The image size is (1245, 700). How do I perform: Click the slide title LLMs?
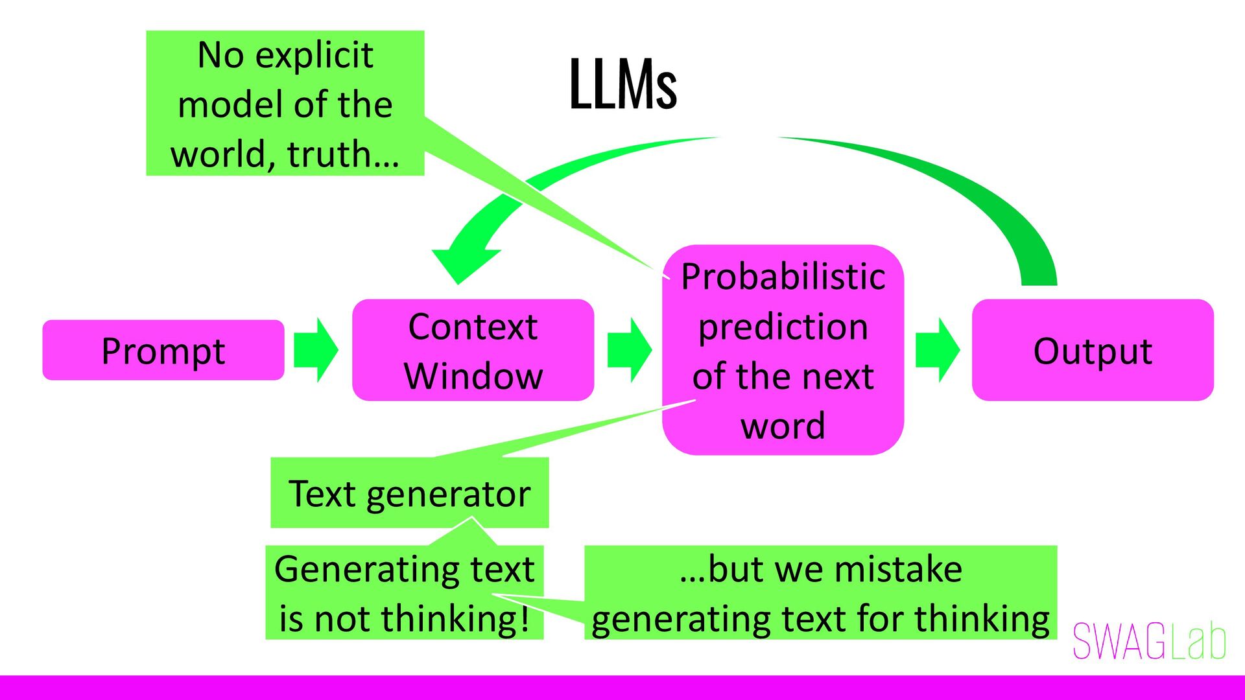(x=622, y=84)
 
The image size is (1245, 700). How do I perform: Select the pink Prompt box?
(x=163, y=350)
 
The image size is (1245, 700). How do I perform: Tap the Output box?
(x=1093, y=350)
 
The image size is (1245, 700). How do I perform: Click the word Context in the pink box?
(x=473, y=326)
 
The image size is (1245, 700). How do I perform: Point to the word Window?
(x=473, y=376)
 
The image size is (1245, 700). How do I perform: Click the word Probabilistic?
(x=783, y=277)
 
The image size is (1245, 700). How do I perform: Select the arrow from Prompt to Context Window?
(x=316, y=350)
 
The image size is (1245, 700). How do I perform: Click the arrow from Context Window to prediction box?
(x=629, y=350)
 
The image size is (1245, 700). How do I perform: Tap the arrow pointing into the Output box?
(x=937, y=350)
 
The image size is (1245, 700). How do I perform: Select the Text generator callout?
(x=409, y=493)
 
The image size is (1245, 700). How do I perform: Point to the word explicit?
(x=314, y=55)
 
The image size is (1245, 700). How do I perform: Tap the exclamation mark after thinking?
(x=524, y=618)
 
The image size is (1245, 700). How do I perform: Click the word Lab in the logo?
(x=1200, y=642)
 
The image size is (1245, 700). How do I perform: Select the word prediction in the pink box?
(x=783, y=327)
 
